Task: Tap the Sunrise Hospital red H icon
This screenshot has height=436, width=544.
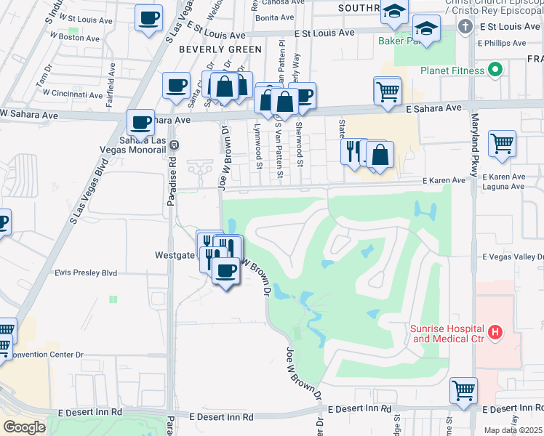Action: (x=495, y=333)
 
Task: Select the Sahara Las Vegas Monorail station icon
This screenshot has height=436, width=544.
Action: (x=173, y=145)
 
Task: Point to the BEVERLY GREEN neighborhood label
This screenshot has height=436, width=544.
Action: (x=220, y=49)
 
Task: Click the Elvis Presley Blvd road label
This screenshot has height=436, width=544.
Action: (x=86, y=273)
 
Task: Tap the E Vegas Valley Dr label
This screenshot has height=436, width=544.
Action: (x=513, y=257)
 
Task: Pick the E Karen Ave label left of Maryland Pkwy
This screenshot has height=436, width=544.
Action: (x=444, y=180)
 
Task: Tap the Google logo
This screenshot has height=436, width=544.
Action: (x=24, y=427)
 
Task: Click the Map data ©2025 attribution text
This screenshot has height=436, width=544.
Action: (x=513, y=430)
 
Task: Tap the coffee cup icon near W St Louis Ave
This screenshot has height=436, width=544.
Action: (x=149, y=17)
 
